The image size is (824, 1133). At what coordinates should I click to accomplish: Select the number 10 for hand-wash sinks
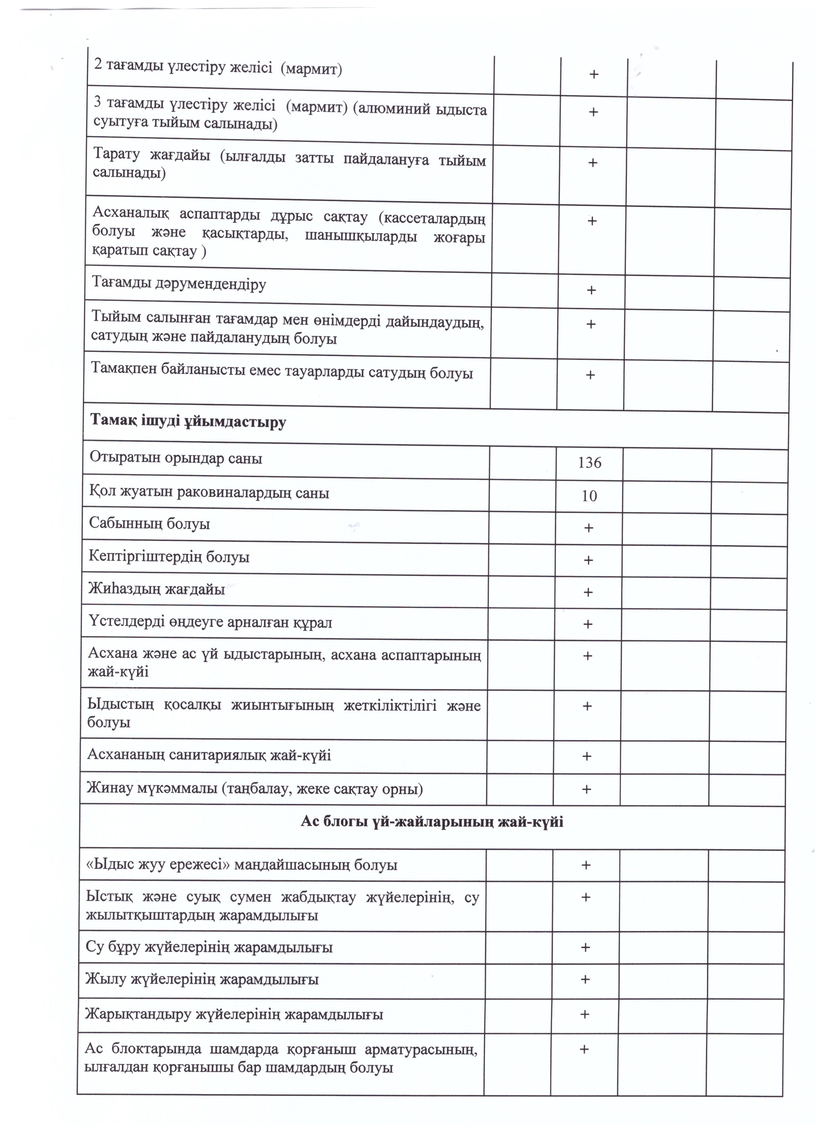point(589,496)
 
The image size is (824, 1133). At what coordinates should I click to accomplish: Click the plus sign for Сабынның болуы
point(589,528)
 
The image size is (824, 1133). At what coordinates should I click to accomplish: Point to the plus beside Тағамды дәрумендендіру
point(591,290)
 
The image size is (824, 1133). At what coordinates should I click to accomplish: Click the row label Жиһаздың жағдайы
point(156,589)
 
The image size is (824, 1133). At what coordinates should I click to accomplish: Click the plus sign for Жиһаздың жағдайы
point(588,592)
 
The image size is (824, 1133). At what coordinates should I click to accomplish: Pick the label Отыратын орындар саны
point(176,458)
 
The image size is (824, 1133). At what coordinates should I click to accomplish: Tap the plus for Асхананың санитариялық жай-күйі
point(587,756)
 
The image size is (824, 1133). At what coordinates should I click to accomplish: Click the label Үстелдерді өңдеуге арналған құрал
point(210,622)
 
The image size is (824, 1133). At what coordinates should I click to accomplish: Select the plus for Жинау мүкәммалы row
point(587,789)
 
